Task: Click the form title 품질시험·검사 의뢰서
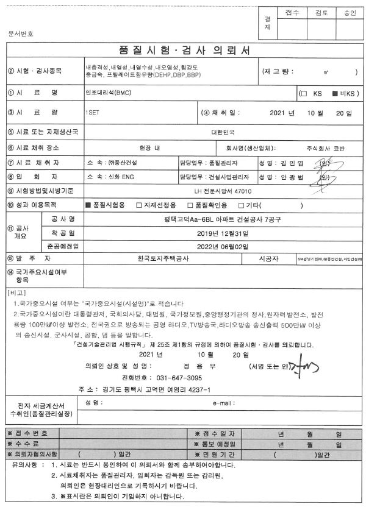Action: [183, 50]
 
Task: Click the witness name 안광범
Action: [293, 177]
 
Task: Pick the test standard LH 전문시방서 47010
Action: [222, 191]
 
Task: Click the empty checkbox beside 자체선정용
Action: [138, 205]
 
